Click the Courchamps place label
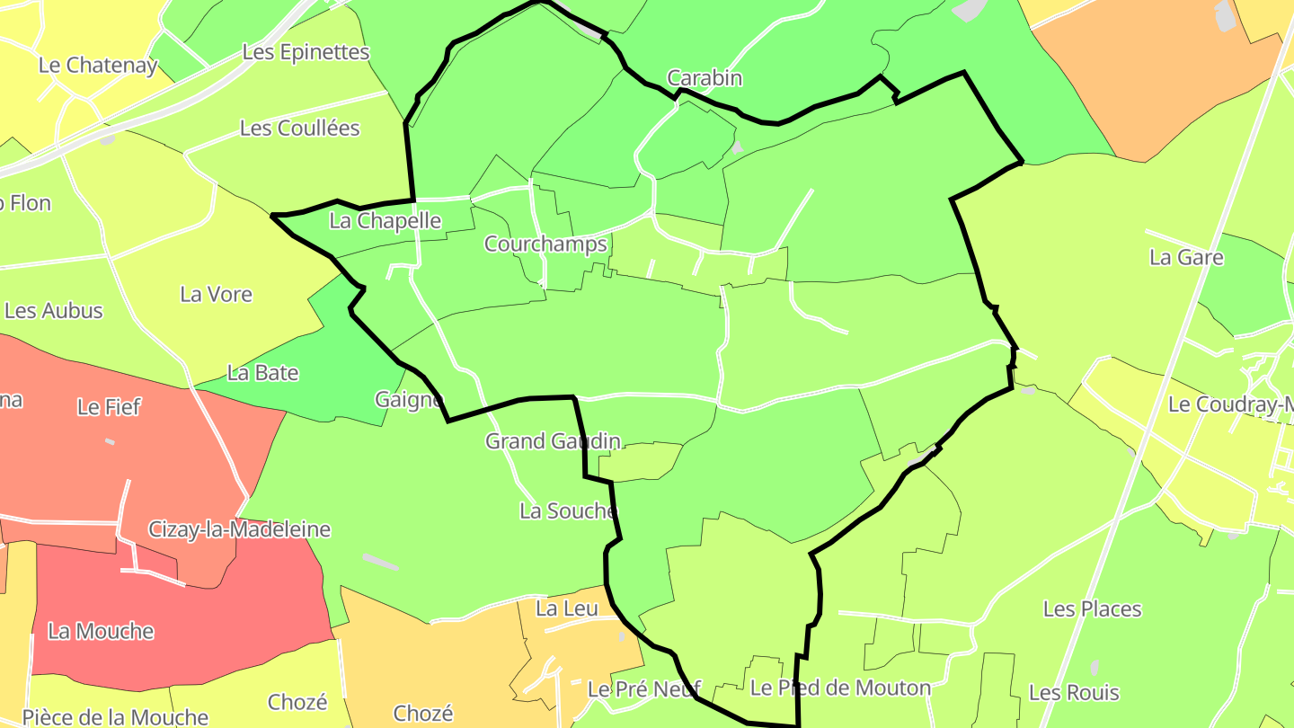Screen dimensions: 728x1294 click(545, 244)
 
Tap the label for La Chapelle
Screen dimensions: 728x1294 click(386, 221)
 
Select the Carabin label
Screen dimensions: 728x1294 click(705, 78)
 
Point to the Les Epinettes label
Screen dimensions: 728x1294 click(306, 52)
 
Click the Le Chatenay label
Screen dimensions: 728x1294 click(98, 66)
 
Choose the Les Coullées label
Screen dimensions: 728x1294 click(299, 129)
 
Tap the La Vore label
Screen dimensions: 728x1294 click(216, 294)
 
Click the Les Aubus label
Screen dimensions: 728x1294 click(54, 311)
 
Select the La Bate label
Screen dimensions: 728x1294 click(262, 372)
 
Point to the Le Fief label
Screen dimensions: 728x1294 click(109, 407)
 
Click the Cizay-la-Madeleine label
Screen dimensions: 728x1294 click(239, 529)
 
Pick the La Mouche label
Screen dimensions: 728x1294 click(101, 632)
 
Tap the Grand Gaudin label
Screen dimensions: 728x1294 click(553, 441)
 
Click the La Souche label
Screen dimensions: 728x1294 click(569, 511)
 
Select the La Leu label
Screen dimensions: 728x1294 click(566, 608)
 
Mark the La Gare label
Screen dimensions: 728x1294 click(1186, 258)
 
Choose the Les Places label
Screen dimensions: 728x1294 click(1092, 609)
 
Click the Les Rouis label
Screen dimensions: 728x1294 click(1074, 693)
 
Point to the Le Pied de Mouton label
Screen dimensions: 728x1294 click(840, 688)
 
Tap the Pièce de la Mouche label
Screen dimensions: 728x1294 click(115, 717)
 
